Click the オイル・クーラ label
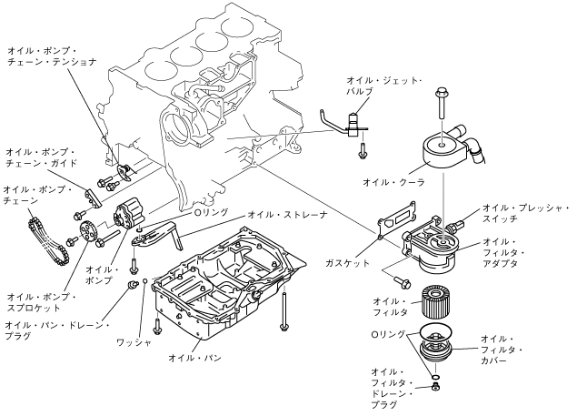(393, 182)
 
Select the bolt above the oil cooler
(443, 102)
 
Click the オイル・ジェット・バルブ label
(383, 86)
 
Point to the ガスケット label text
(347, 263)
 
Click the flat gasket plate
(396, 219)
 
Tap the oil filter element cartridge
(435, 303)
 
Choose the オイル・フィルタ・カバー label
(502, 349)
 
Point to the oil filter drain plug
(436, 387)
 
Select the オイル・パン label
(194, 358)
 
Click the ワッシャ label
(134, 342)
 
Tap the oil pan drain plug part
(131, 285)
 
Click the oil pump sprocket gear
(87, 232)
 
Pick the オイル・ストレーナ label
(287, 215)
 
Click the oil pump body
(128, 216)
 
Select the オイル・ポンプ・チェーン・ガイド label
(41, 157)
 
